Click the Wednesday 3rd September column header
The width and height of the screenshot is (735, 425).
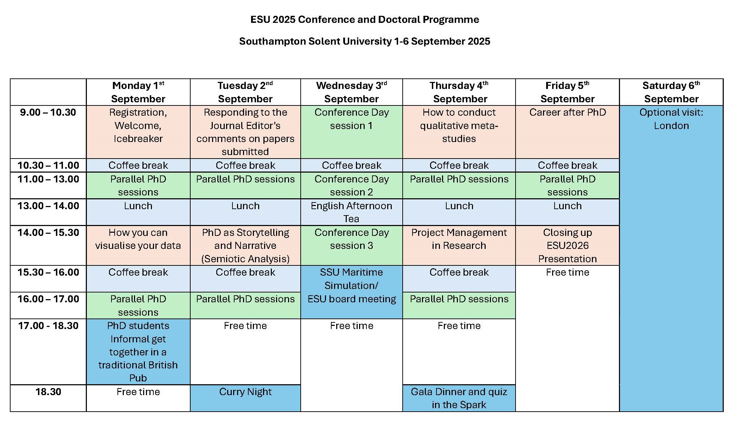pyautogui.click(x=351, y=92)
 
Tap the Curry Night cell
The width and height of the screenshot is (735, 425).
pyautogui.click(x=245, y=398)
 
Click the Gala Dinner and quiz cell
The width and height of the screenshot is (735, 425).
pyautogui.click(x=459, y=398)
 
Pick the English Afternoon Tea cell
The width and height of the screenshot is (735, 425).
pyautogui.click(x=351, y=212)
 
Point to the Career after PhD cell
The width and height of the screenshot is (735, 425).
pyautogui.click(x=567, y=132)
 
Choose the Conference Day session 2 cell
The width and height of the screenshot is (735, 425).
pyautogui.click(x=351, y=185)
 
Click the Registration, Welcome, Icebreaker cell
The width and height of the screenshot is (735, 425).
pyautogui.click(x=138, y=132)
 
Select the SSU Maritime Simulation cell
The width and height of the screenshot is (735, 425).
pyautogui.click(x=351, y=292)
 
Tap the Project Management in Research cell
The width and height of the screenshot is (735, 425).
pyautogui.click(x=459, y=245)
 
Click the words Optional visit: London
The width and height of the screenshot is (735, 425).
pyautogui.click(x=671, y=119)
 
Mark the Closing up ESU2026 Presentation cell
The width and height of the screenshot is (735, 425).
pyautogui.click(x=567, y=245)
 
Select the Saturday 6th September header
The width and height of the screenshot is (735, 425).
pyautogui.click(x=671, y=92)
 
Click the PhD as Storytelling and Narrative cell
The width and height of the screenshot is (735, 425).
pyautogui.click(x=245, y=245)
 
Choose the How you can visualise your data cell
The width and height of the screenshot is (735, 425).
pyautogui.click(x=138, y=245)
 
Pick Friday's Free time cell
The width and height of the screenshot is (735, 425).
pyautogui.click(x=567, y=339)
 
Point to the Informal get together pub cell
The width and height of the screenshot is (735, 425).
pyautogui.click(x=138, y=352)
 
